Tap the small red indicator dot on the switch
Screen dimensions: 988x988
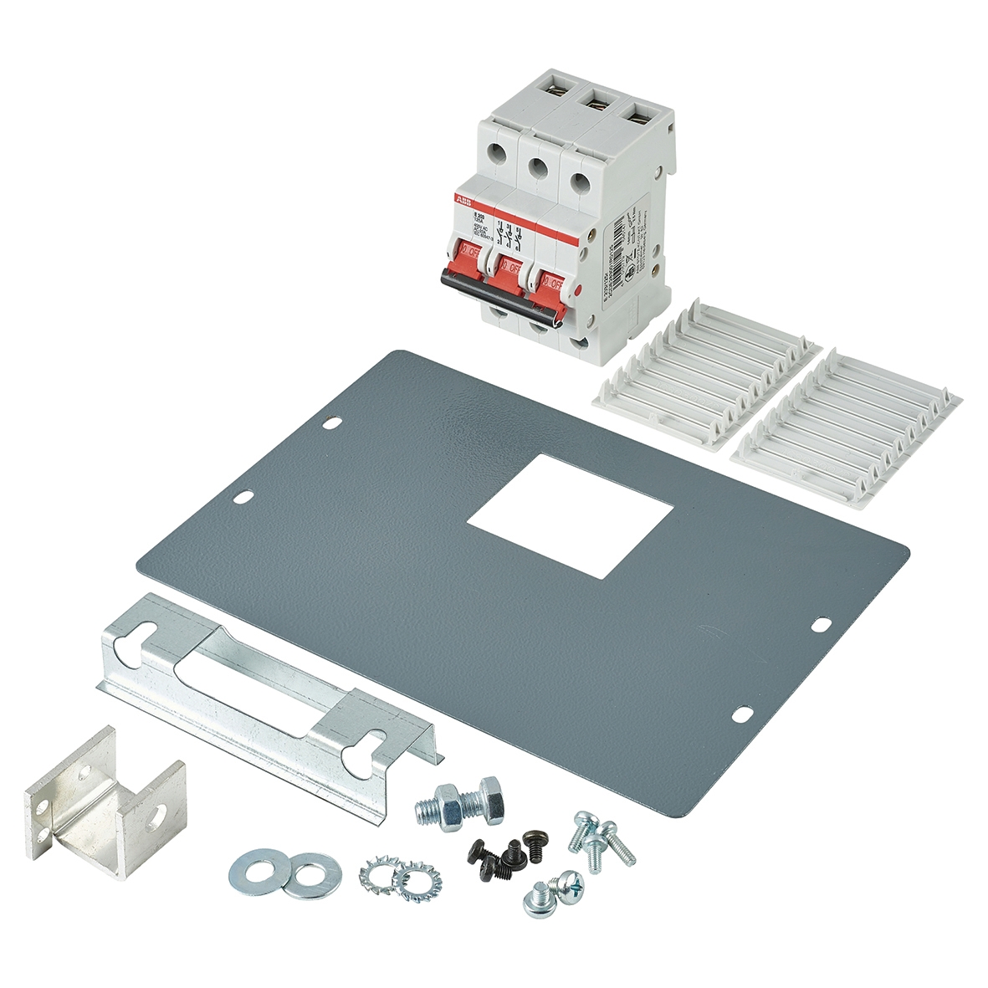[578, 289]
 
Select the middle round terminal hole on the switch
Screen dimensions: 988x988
[537, 167]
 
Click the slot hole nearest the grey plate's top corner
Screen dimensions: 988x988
[331, 424]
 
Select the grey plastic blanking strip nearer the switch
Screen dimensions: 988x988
[707, 376]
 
